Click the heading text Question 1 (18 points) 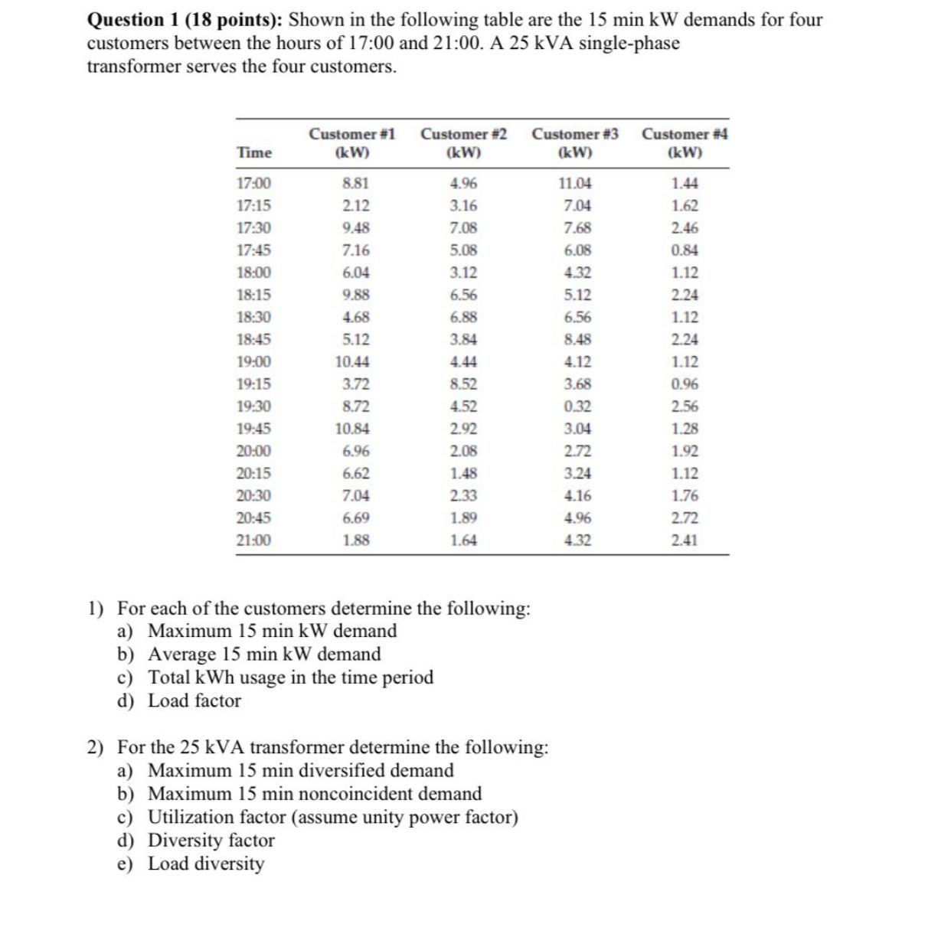(x=187, y=20)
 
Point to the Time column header (x=254, y=152)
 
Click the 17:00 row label (x=253, y=184)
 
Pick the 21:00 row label (x=253, y=540)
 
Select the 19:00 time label (x=253, y=362)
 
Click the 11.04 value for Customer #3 (x=575, y=184)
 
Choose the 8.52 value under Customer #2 (x=463, y=384)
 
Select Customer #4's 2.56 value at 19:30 (x=685, y=407)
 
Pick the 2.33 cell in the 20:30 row (x=463, y=496)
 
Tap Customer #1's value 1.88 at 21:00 (x=355, y=540)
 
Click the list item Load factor (x=194, y=701)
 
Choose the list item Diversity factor (x=211, y=841)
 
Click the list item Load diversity (x=205, y=864)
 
